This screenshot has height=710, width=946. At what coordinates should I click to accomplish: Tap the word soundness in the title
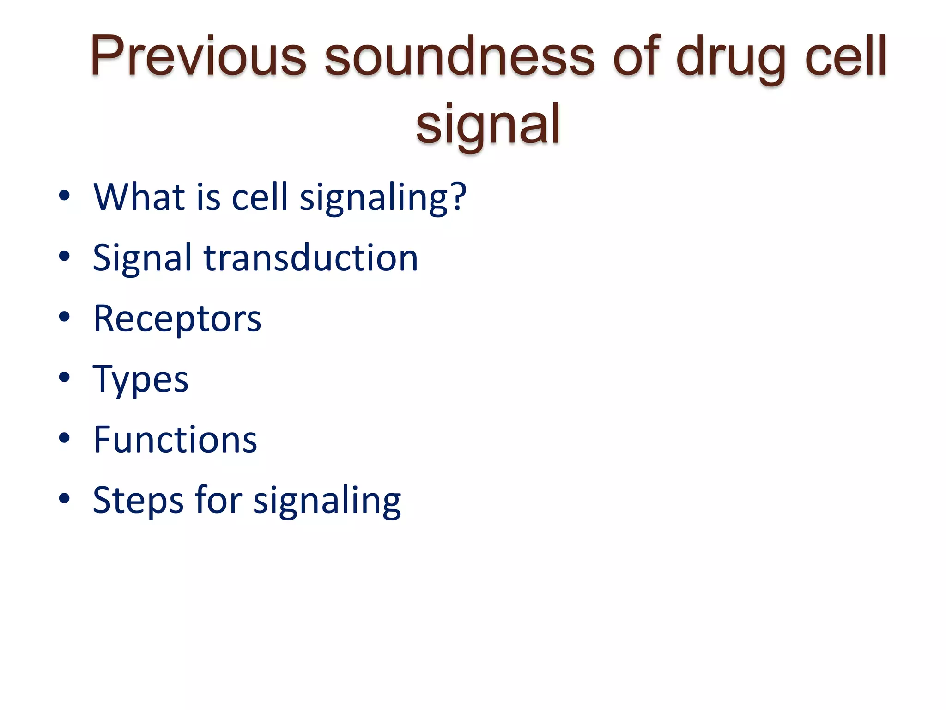[x=459, y=56]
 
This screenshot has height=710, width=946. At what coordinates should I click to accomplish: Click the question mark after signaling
[x=458, y=197]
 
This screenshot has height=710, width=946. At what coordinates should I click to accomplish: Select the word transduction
[x=311, y=258]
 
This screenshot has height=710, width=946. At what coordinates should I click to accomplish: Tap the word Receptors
[x=177, y=319]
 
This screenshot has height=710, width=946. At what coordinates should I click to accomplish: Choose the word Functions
[x=175, y=440]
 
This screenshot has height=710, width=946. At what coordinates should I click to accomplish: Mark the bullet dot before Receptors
[x=64, y=317]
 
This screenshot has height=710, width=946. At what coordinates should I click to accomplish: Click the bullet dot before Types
[x=64, y=378]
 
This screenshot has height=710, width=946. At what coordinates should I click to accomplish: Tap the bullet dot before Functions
[x=64, y=438]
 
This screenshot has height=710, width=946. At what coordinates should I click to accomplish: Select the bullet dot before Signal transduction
[x=64, y=256]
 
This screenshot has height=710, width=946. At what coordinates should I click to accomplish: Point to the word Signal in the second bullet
[x=142, y=258]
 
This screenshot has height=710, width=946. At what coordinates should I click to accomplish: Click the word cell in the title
[x=846, y=56]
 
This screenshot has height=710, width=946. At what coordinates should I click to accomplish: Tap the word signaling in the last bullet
[x=327, y=501]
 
